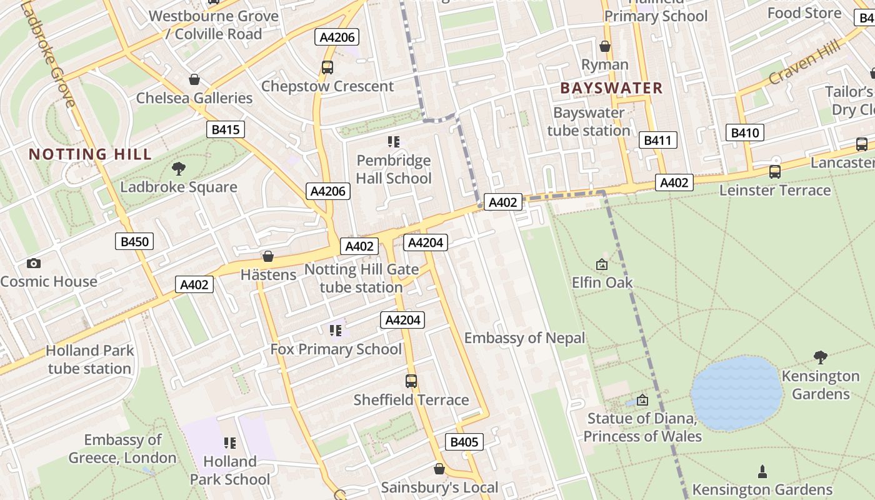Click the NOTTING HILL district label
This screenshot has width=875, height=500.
tap(91, 154)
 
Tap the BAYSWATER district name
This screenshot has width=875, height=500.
tap(611, 88)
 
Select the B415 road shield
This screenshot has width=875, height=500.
tap(226, 129)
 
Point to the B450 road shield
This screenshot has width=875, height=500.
tap(134, 241)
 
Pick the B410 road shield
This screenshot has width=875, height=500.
tap(744, 132)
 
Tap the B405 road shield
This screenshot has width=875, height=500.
tap(464, 442)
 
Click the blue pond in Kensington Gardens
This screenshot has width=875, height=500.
tap(737, 393)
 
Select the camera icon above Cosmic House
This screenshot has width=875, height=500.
tap(34, 264)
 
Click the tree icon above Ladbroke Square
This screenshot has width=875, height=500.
tap(179, 168)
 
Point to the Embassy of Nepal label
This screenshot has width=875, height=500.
tap(524, 338)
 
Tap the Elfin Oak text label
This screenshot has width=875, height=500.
tap(602, 282)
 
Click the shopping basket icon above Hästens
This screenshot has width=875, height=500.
tap(268, 256)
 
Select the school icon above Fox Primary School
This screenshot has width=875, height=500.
tap(336, 330)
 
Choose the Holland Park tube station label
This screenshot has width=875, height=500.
tap(90, 359)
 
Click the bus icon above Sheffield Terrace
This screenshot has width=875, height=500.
tap(411, 381)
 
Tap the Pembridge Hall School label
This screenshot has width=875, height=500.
tap(394, 169)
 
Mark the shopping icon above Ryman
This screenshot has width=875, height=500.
tap(605, 46)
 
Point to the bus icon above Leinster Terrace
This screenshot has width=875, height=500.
tap(775, 171)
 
